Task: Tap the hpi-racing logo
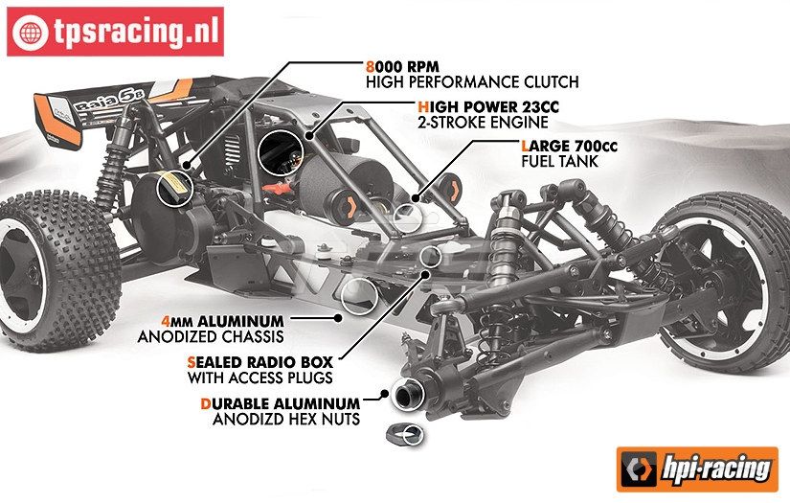pos(698,469)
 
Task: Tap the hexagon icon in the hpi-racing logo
pos(636,469)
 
